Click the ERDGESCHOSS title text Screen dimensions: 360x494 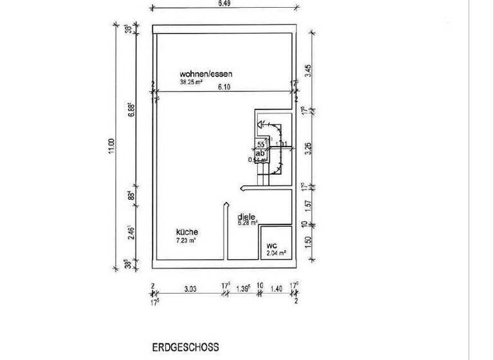pyautogui.click(x=185, y=347)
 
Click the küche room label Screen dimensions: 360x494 pyautogui.click(x=187, y=232)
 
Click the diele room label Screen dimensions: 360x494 pyautogui.click(x=246, y=217)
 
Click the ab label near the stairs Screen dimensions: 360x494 pyautogui.click(x=260, y=154)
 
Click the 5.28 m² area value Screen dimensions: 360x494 pyautogui.click(x=248, y=224)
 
